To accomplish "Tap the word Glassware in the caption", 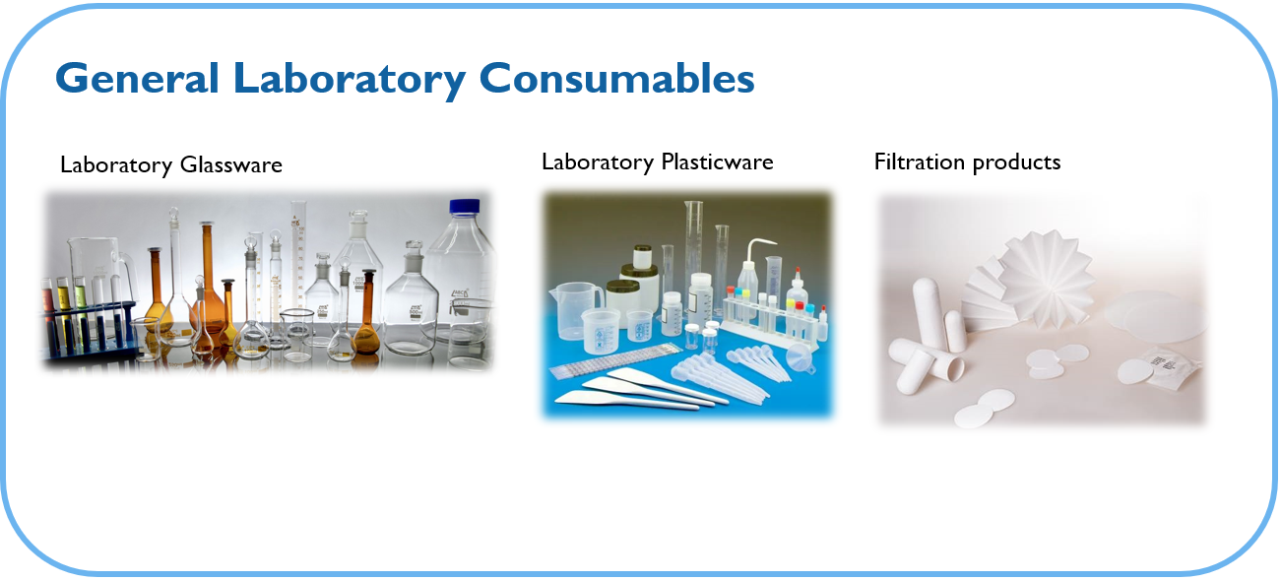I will click(231, 164).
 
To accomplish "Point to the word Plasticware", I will click(717, 161).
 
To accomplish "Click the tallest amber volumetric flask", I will click(208, 286).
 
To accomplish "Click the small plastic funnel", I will click(808, 364).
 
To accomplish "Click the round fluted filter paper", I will click(1033, 276).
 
